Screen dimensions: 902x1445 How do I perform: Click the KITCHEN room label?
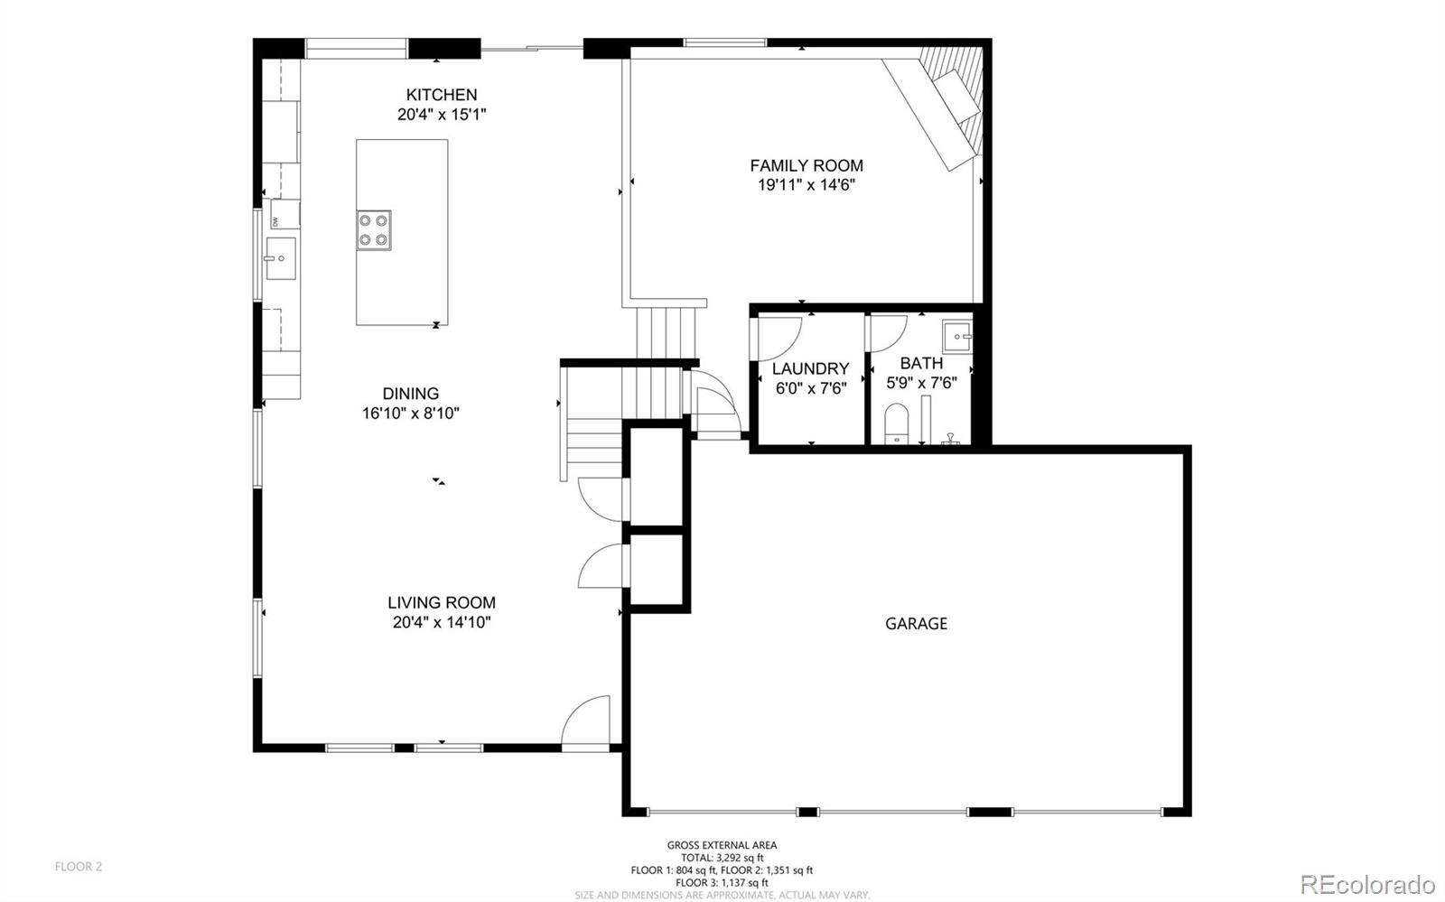pos(441,95)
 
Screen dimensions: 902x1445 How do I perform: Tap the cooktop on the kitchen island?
pos(374,229)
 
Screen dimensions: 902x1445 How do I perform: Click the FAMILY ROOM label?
pos(806,165)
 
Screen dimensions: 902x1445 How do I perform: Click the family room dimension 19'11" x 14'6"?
pos(806,185)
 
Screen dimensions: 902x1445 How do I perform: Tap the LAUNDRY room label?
pos(810,368)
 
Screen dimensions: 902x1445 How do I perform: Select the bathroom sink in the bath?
pos(957,336)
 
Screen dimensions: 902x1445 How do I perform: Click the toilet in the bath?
pos(897,424)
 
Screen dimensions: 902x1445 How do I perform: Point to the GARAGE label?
pos(916,623)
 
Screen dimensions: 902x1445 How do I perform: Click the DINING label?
pos(411,394)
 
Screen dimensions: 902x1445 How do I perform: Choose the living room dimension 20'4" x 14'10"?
pos(442,622)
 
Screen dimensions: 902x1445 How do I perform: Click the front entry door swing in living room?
pos(587,722)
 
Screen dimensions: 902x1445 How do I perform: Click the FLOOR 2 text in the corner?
pos(79,867)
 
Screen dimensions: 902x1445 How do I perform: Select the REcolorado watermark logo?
pos(1367,883)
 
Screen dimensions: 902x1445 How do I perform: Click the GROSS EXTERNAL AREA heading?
pos(722,845)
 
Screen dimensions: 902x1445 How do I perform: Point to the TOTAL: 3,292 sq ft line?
pos(722,858)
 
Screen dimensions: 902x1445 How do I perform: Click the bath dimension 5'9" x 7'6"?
pos(921,383)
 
